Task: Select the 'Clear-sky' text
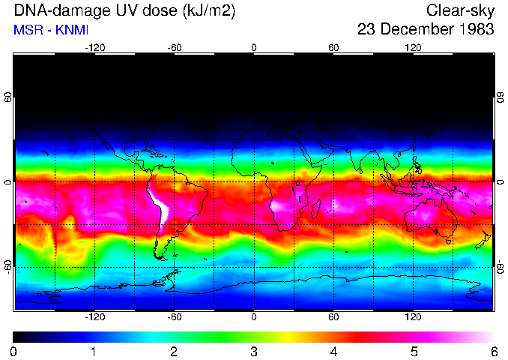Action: point(460,10)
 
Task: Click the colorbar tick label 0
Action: point(14,351)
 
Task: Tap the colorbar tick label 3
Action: point(254,351)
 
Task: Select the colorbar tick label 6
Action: point(493,351)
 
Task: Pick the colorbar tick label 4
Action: point(333,351)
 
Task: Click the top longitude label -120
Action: point(94,48)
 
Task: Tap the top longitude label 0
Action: point(254,48)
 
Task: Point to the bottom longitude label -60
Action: point(174,317)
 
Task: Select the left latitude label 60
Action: point(8,97)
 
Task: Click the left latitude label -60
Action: point(8,266)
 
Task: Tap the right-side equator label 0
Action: point(500,182)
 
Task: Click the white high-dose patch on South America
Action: point(160,205)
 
